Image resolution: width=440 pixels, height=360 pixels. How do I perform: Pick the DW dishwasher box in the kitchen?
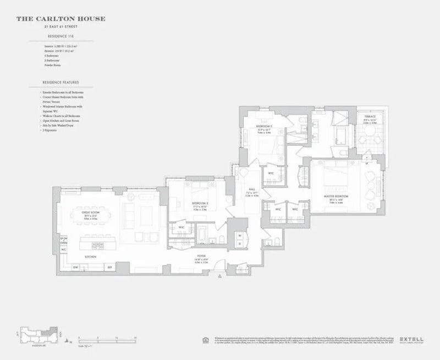click(x=75, y=268)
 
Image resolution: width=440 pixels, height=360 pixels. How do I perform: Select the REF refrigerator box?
click(x=109, y=268)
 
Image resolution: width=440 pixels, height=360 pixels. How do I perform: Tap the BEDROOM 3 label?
click(x=199, y=203)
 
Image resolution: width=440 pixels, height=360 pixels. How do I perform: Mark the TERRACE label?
click(x=370, y=117)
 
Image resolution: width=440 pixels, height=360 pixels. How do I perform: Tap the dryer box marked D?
click(x=239, y=243)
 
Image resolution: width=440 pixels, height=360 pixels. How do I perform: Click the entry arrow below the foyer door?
click(x=219, y=275)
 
